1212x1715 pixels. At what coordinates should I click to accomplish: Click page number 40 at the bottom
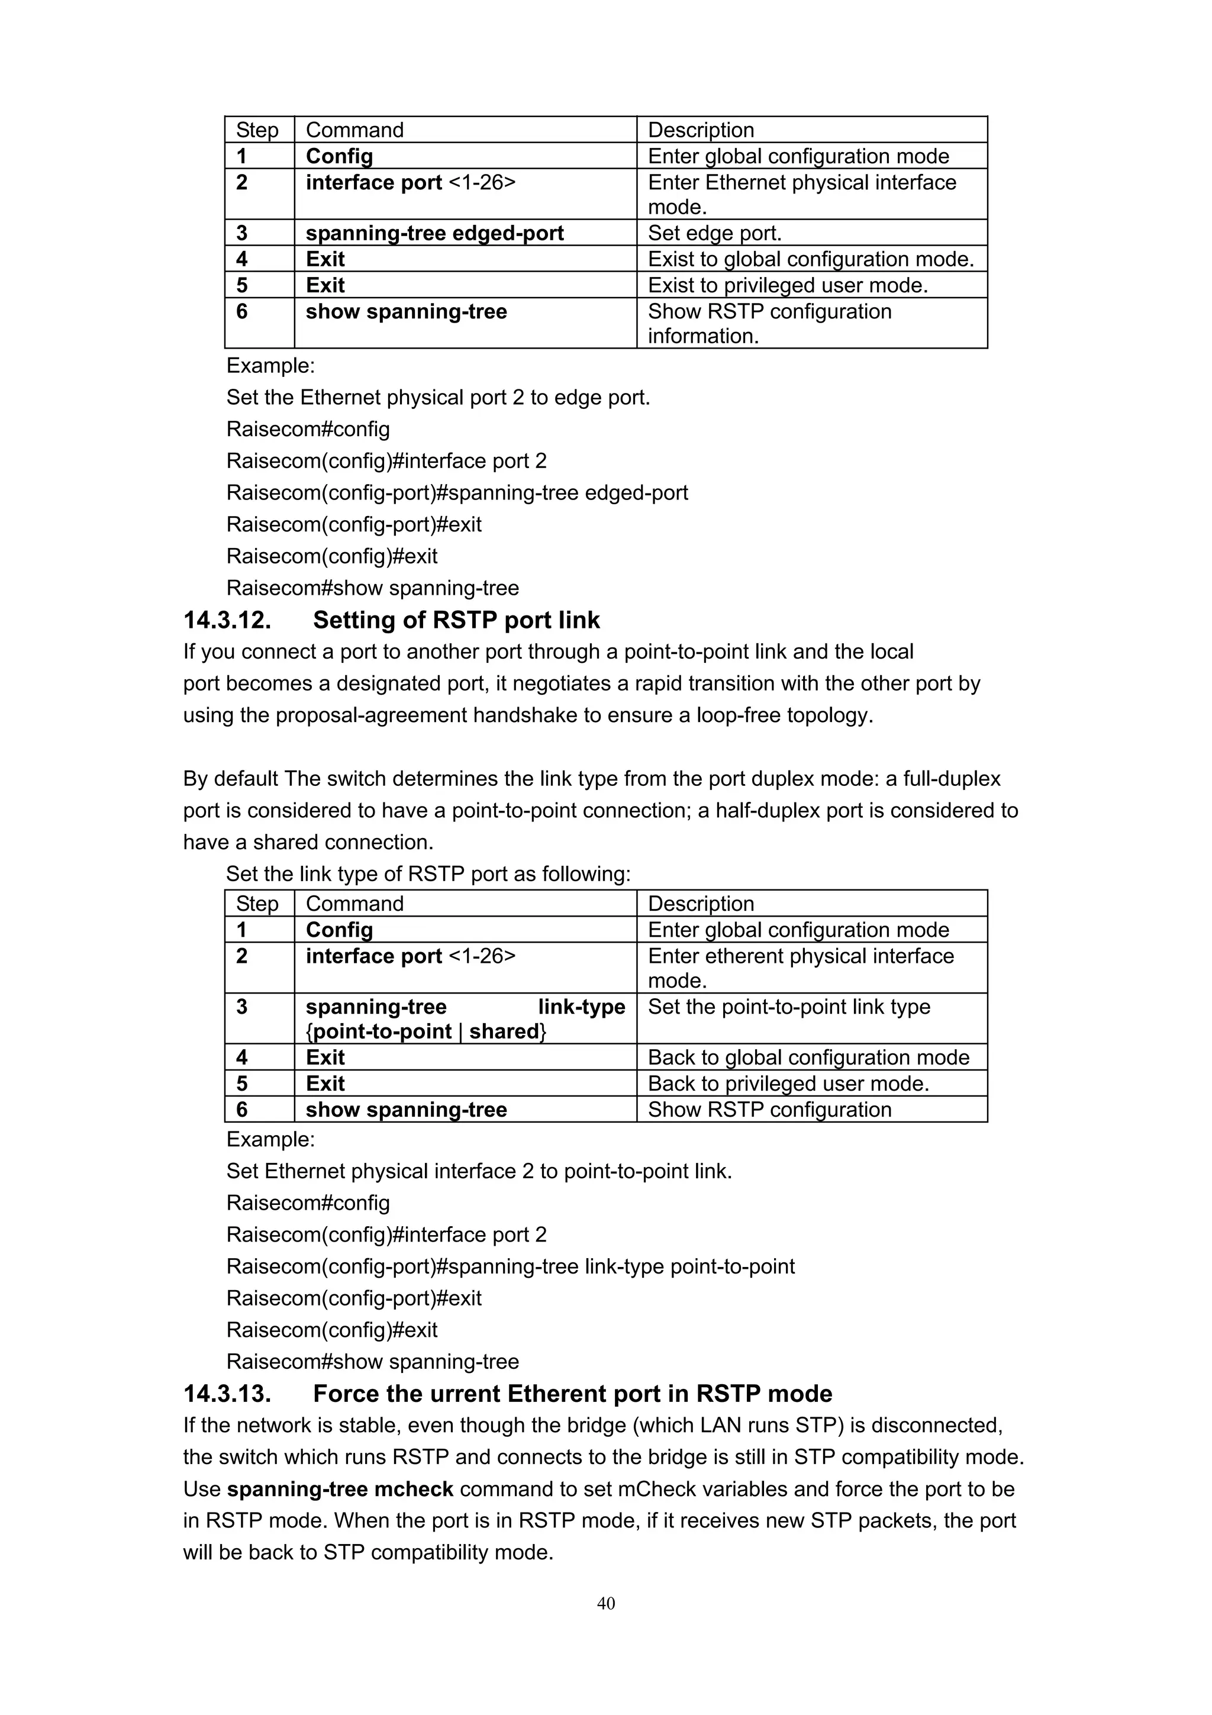tap(605, 1603)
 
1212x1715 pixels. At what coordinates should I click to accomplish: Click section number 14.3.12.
tap(227, 620)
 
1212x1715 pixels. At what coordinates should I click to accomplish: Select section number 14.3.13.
tap(227, 1394)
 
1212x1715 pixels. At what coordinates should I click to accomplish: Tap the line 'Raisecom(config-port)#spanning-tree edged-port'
tap(457, 493)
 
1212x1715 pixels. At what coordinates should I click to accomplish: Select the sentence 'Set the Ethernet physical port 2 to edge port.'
tap(439, 397)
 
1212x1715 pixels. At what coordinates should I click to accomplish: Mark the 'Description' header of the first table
tap(701, 130)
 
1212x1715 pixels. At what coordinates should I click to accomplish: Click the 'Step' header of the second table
tap(257, 904)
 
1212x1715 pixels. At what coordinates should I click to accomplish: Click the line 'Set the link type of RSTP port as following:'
tap(428, 874)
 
